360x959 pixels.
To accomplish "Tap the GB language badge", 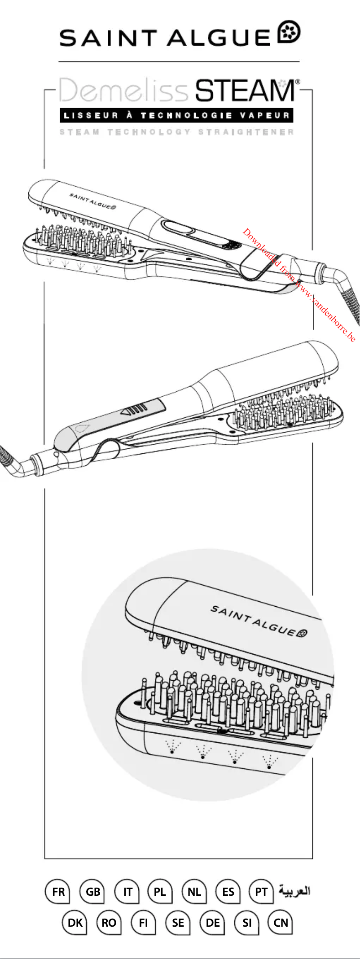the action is pos(92,891).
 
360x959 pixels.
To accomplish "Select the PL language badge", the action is pos(160,891).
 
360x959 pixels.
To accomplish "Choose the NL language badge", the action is pos(194,891).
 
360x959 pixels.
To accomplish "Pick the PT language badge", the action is pos(261,891).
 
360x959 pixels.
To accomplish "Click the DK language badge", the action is pos(75,923).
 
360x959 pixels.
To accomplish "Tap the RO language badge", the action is pos(109,923).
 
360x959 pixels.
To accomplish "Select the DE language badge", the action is pos(212,923).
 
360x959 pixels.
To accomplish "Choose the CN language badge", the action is pos(281,923).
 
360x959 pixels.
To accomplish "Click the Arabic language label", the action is pos(294,890).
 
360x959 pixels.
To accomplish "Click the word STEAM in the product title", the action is pos(245,91).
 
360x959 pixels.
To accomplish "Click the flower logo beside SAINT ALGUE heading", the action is pos(290,32).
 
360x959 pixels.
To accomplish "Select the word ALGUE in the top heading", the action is pos(219,38).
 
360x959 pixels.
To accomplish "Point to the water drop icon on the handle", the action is pos(83,427).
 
